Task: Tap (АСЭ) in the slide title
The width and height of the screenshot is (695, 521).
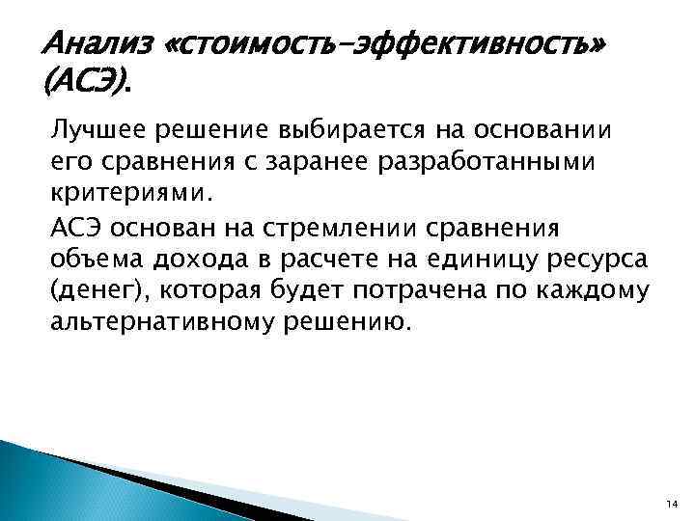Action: pos(85,86)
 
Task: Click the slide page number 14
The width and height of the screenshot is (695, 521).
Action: pos(670,502)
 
